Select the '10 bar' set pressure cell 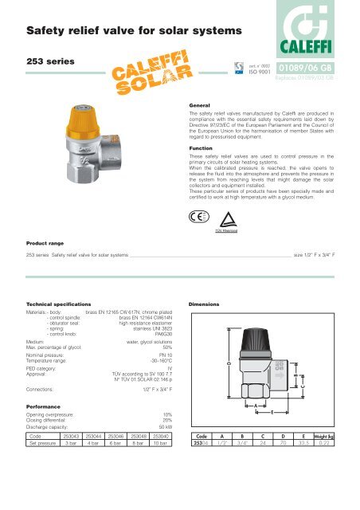tap(163, 490)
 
